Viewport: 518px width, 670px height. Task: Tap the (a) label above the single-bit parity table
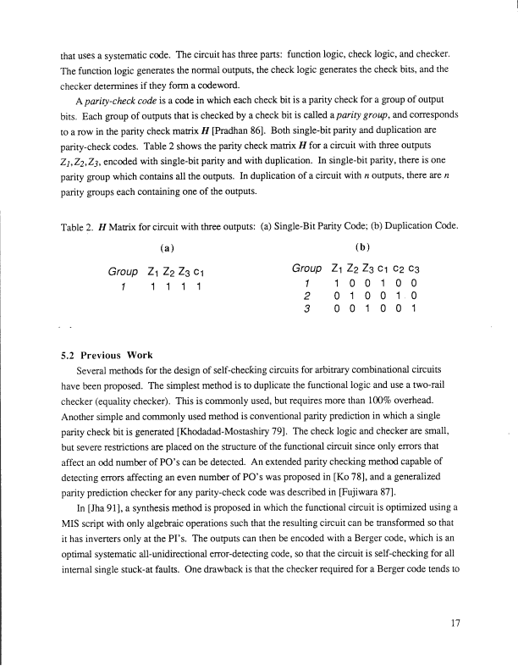[x=167, y=250]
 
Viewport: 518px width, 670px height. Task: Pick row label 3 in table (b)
[x=308, y=309]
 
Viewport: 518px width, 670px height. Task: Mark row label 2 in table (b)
[x=308, y=297]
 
